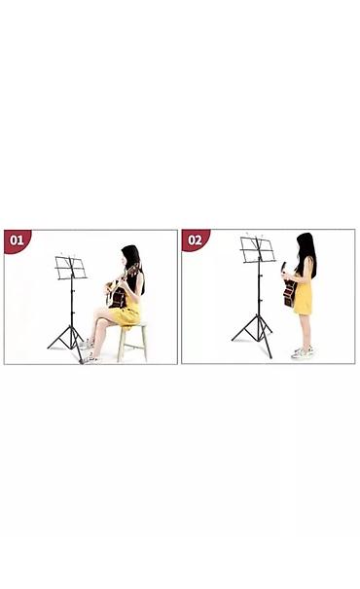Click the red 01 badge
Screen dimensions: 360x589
click(x=17, y=239)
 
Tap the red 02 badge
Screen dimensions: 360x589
click(x=195, y=239)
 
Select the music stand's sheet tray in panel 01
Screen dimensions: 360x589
click(x=71, y=268)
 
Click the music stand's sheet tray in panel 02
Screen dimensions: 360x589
click(x=258, y=250)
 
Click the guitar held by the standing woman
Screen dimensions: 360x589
click(x=289, y=286)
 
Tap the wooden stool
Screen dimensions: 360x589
click(x=131, y=341)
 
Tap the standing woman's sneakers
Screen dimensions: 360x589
click(x=303, y=352)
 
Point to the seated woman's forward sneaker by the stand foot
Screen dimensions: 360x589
click(x=90, y=360)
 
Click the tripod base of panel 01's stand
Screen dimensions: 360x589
click(x=67, y=339)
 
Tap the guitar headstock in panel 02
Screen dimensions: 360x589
click(x=283, y=268)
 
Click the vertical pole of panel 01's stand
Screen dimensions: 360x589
click(x=72, y=302)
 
